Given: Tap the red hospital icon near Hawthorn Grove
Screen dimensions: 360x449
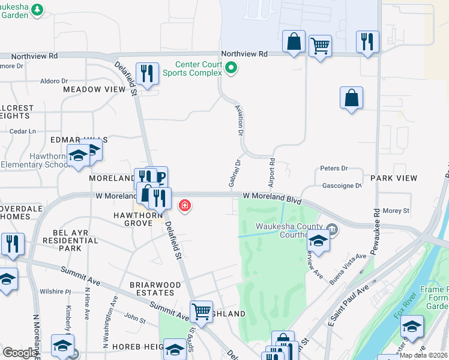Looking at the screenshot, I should click(x=185, y=206).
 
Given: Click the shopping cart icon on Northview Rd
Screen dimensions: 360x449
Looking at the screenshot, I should click(x=321, y=46).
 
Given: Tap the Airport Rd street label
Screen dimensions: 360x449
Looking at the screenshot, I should click(x=271, y=172).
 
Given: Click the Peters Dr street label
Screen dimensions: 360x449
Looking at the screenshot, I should click(x=334, y=169).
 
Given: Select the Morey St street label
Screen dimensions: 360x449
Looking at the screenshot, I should click(x=396, y=211).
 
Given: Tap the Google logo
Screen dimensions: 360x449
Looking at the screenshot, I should click(x=20, y=353).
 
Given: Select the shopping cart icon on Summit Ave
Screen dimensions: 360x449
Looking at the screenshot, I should click(x=201, y=311).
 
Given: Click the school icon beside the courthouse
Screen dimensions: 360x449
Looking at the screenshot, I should click(x=318, y=240).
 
